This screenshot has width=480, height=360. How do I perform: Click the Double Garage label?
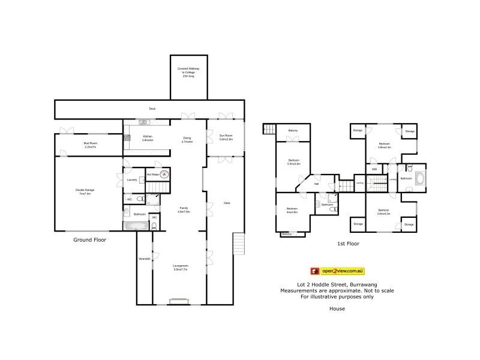pos(85,191)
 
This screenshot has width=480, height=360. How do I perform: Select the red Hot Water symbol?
pos(163,175)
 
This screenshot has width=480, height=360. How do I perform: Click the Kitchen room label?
pos(148,138)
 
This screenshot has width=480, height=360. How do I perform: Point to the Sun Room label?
pos(226,138)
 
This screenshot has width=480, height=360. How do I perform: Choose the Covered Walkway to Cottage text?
pos(188,72)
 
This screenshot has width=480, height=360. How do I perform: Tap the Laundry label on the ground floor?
pos(132,180)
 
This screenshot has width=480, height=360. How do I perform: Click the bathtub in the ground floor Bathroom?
pos(134,226)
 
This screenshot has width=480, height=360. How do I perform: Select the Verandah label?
pos(144,259)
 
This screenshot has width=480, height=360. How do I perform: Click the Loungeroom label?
pos(181,267)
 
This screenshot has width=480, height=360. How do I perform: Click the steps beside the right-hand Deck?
pos(239,244)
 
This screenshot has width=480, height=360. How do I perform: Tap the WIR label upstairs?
pos(374,169)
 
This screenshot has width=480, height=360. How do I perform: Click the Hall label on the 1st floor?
pos(316,184)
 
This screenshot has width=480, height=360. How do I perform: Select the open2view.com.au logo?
pos(337,271)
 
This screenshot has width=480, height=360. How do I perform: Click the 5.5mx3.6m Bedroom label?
pos(293,161)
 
